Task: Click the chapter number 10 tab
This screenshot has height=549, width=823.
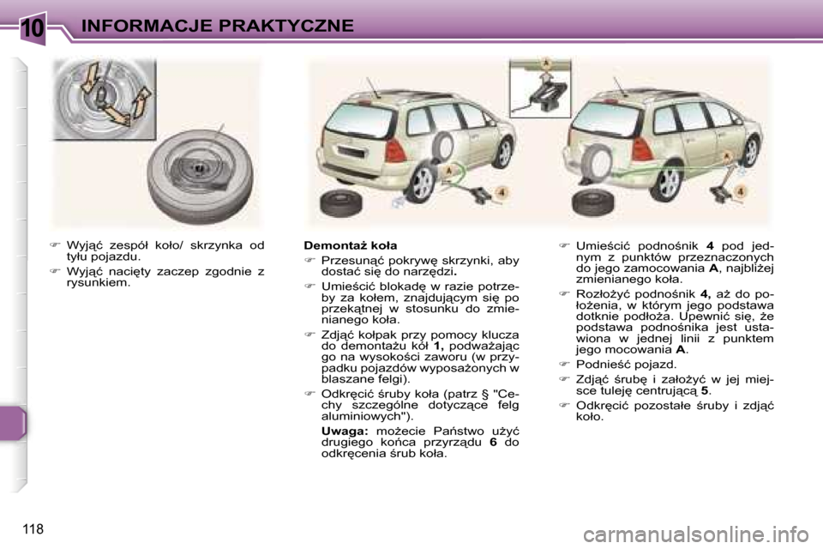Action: coord(32,27)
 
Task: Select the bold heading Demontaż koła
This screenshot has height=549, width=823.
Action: coord(351,246)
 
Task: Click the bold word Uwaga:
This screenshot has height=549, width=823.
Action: coord(344,428)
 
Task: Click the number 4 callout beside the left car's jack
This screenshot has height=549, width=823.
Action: coord(502,192)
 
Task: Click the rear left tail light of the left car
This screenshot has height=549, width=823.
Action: coord(395,151)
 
